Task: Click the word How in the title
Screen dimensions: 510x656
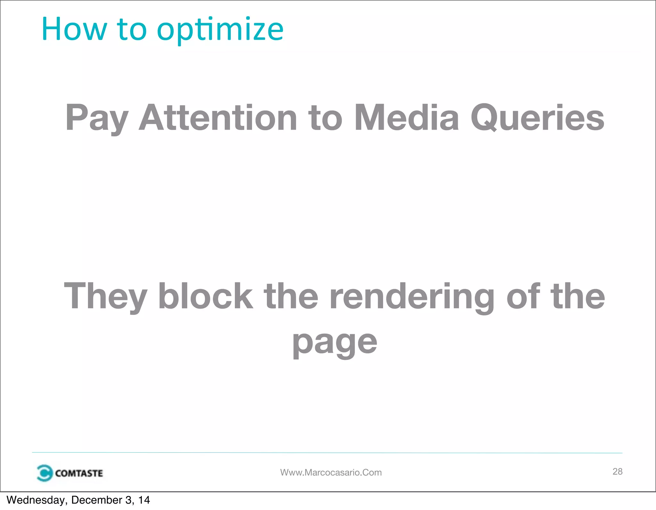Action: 74,29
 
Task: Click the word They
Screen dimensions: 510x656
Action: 105,297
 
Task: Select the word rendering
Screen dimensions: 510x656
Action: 412,297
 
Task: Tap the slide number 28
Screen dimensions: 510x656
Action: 617,471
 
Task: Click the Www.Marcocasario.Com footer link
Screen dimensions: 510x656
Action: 331,473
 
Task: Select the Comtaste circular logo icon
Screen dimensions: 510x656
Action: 44,473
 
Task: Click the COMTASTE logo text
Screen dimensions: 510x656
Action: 79,473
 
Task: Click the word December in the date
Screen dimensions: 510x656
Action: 96,500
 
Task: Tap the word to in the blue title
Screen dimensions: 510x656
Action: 132,29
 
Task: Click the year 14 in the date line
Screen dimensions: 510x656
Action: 144,500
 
